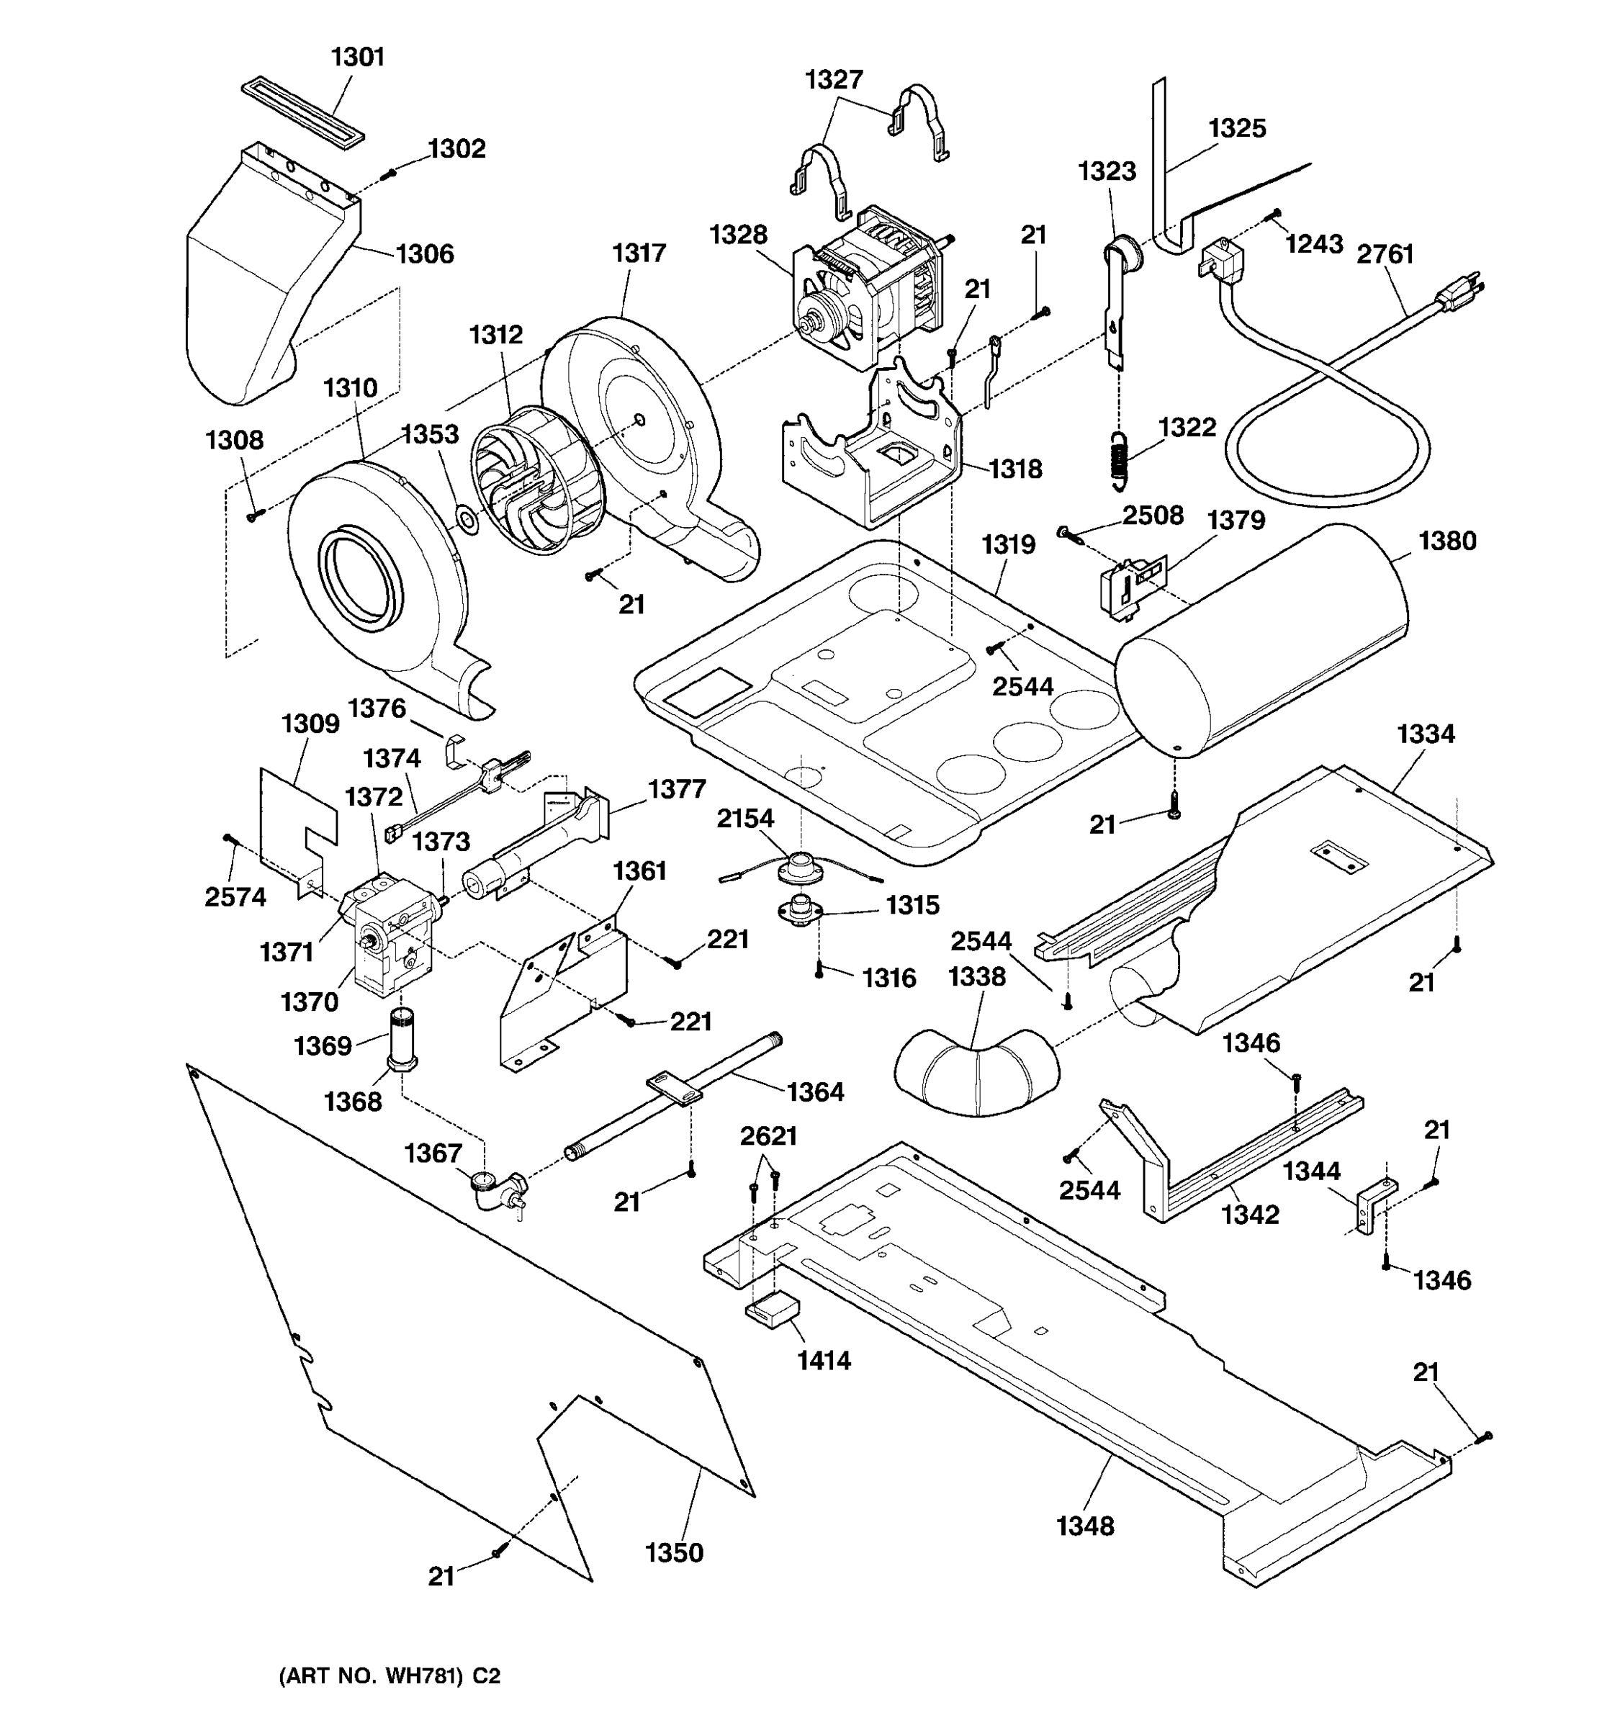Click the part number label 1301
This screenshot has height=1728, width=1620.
(357, 58)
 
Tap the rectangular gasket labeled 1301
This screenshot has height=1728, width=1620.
(302, 112)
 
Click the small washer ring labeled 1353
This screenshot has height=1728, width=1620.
(467, 521)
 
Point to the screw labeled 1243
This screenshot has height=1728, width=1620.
(1276, 213)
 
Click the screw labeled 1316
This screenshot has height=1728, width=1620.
(819, 973)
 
